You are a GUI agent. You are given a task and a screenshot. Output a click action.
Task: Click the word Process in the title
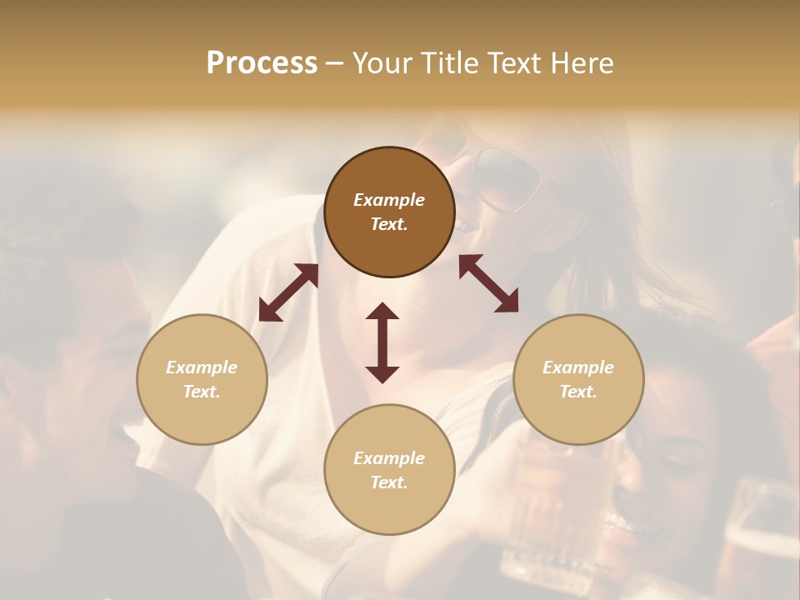pos(262,63)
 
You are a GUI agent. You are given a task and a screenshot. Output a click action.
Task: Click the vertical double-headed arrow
pos(382,342)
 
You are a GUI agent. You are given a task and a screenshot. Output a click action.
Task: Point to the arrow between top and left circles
pos(288,292)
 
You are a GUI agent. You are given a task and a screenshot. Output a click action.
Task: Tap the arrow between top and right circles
pos(489,283)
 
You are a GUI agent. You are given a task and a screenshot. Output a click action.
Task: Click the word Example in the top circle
pos(389,200)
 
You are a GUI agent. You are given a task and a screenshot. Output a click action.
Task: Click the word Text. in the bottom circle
pos(389,482)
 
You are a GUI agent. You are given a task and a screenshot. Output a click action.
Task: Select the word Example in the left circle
pos(202,367)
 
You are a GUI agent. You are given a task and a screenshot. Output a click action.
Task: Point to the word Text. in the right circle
pos(578,392)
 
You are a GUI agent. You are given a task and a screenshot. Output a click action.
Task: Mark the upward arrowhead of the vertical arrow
pos(382,312)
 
